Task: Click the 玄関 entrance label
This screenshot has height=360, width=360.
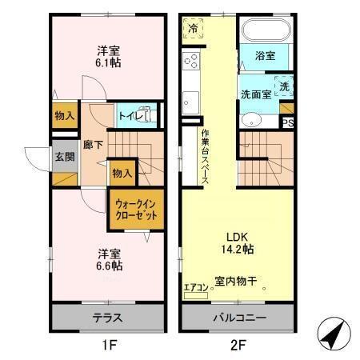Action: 64,156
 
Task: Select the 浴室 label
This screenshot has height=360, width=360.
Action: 265,56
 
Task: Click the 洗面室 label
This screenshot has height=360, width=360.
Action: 257,94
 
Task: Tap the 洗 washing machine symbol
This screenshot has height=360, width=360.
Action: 285,86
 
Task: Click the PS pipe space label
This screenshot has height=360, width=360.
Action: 287,122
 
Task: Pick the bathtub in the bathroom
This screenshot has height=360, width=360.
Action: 266,32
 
